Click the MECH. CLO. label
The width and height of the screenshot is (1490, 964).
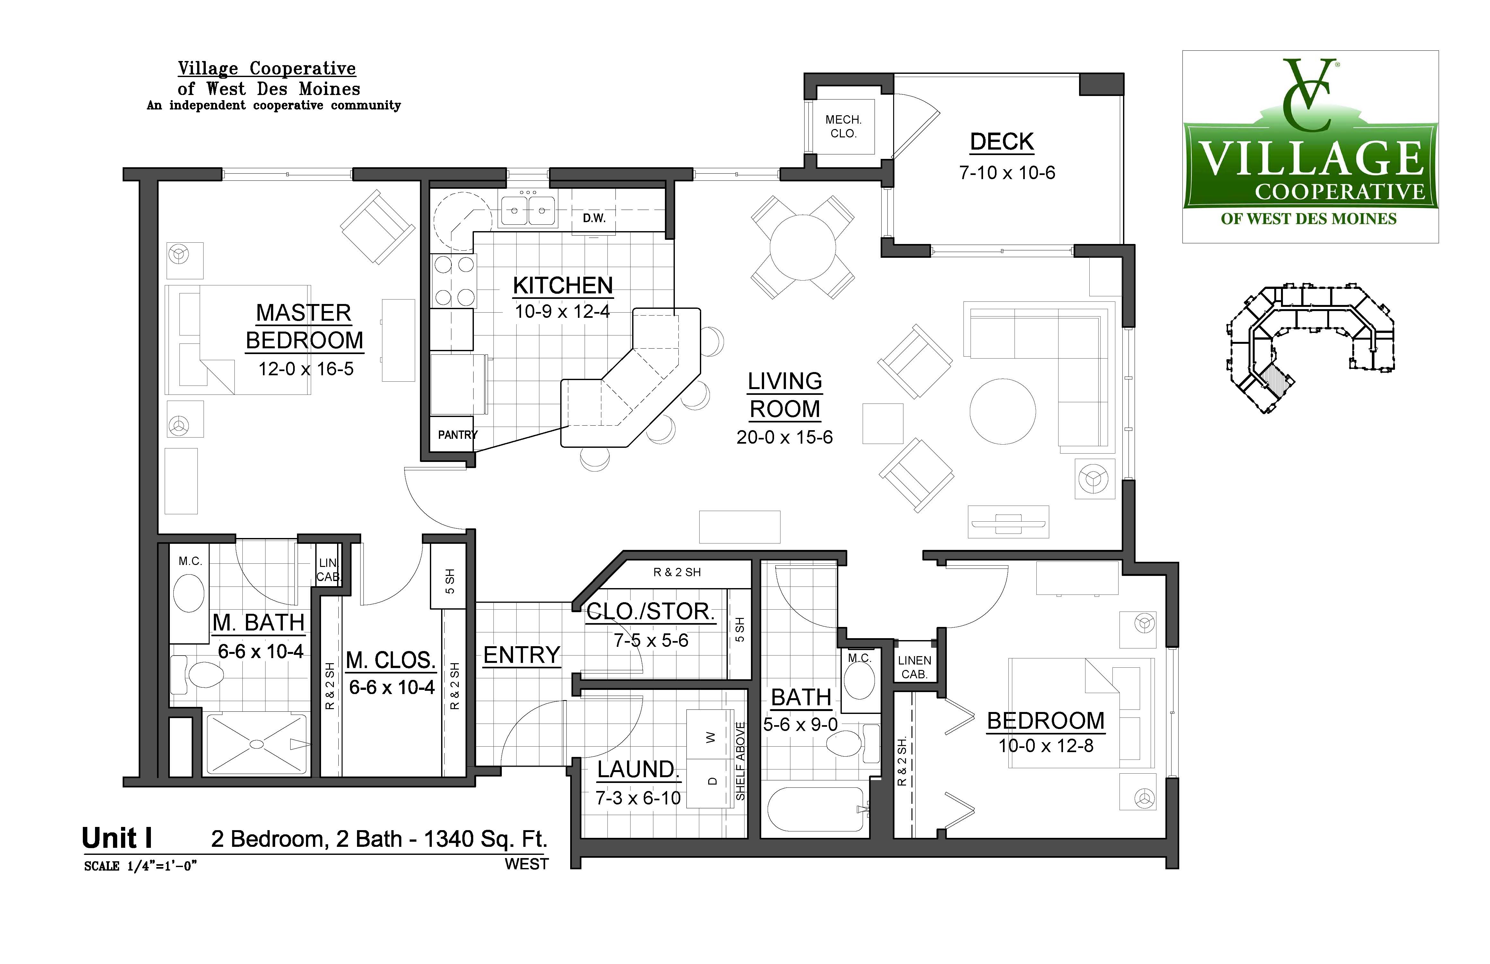[843, 126]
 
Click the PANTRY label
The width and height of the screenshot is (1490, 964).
[457, 434]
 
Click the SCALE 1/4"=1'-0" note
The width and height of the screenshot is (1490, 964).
[141, 866]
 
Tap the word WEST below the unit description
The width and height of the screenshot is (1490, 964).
[527, 864]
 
